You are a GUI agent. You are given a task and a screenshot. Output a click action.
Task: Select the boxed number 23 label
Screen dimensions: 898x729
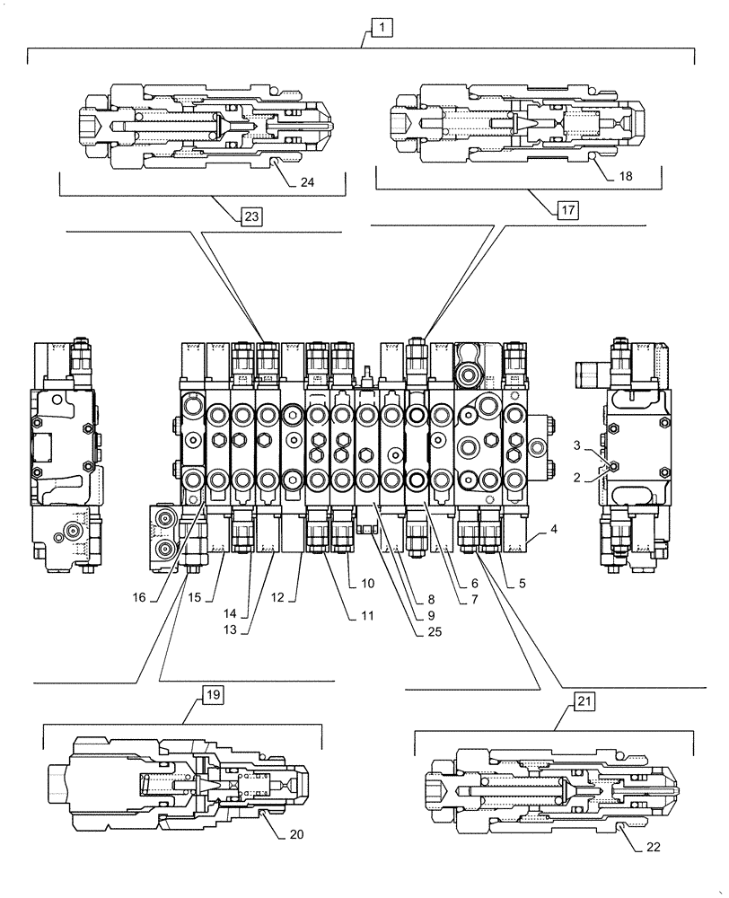pos(250,216)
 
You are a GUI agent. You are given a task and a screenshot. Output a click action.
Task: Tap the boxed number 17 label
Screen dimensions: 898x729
pos(567,211)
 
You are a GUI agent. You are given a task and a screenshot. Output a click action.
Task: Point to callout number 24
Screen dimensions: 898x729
pos(307,183)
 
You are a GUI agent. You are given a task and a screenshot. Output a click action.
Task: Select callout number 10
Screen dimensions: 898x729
pos(368,583)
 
